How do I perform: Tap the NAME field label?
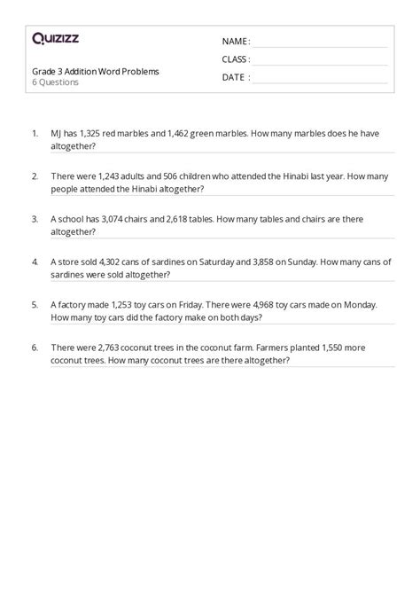235,42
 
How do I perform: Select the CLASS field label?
236,59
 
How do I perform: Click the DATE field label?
235,77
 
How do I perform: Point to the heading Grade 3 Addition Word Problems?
96,71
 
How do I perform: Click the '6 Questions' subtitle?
56,82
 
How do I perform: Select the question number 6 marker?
35,348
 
